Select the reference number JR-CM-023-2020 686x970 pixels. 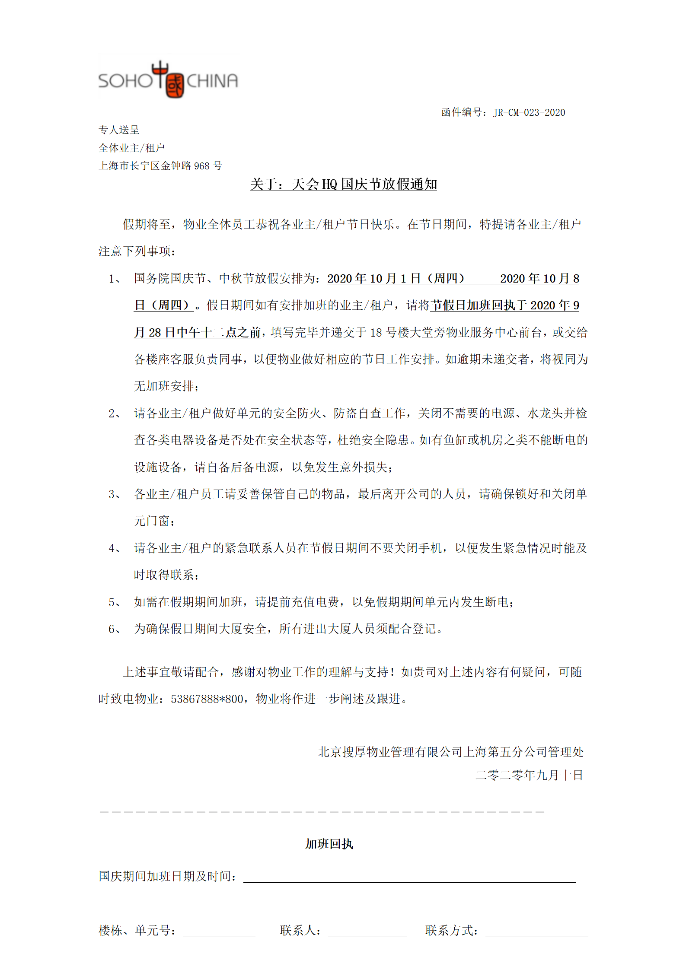click(529, 113)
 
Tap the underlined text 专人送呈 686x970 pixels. click(119, 130)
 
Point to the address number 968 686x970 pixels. click(201, 166)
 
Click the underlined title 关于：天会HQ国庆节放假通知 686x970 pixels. click(343, 184)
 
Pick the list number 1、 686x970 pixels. click(115, 279)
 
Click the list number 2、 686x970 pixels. click(115, 414)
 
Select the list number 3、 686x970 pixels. click(115, 495)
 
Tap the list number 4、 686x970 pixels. click(115, 549)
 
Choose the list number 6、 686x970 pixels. click(115, 630)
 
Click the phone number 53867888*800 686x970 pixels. click(207, 699)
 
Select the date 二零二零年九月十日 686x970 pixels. click(529, 775)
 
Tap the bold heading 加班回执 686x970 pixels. click(329, 844)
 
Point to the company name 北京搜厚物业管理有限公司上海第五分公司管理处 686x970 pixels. click(451, 752)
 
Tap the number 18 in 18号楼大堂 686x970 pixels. click(376, 333)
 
